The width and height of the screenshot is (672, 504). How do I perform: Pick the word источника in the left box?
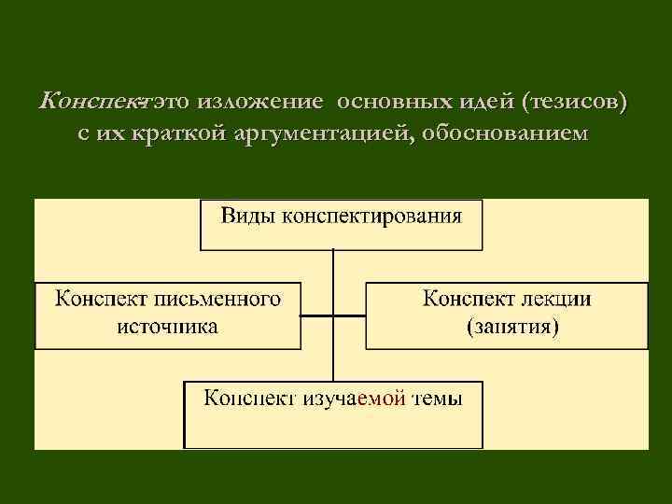[x=168, y=326]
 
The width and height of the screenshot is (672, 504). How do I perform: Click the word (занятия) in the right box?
[x=512, y=327]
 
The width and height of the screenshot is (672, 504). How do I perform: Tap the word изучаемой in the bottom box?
[x=355, y=399]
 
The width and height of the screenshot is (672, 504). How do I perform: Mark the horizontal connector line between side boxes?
[x=332, y=315]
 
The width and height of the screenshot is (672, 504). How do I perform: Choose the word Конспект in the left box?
[x=99, y=300]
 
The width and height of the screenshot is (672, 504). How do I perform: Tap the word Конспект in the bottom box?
[x=250, y=399]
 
